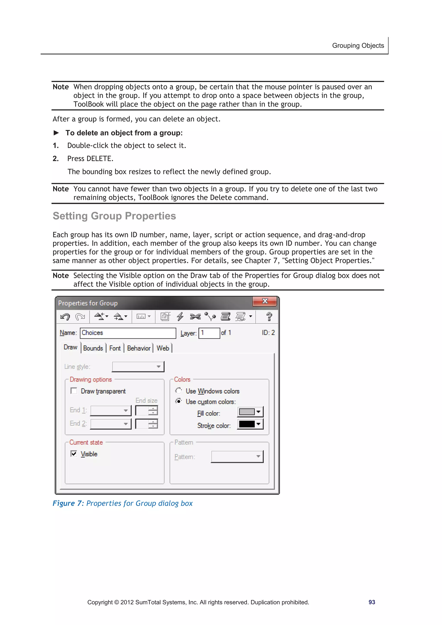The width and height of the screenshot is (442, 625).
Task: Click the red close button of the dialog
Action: coord(265,301)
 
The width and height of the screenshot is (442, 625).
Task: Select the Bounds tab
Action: coord(93,348)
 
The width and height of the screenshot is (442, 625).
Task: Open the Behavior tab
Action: coord(139,348)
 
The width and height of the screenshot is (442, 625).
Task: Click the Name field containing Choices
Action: coord(128,333)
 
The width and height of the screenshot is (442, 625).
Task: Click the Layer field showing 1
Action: coord(209,333)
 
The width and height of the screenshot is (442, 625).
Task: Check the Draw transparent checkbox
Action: coord(74,391)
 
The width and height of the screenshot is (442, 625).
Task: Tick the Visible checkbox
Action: coord(74,453)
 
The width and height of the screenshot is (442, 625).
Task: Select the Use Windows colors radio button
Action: coord(178,391)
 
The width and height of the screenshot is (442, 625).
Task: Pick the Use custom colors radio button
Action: coord(178,401)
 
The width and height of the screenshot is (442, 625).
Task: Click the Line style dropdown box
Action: coord(138,367)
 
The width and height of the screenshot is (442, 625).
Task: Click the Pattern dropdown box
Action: coord(237,457)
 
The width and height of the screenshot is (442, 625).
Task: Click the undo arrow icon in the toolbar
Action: coord(65,316)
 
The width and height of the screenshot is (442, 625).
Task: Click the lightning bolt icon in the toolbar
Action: coord(180,316)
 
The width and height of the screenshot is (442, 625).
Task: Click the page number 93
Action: coord(371,602)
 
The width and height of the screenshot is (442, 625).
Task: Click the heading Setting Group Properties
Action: coord(114,216)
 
